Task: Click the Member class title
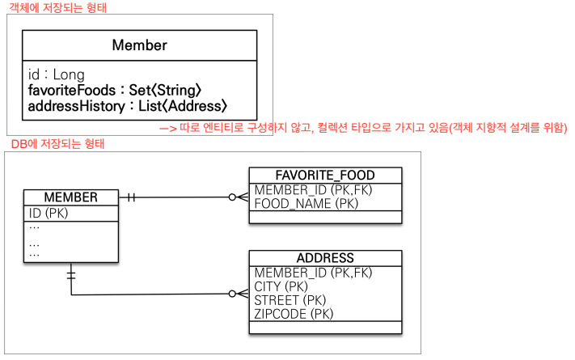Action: [x=139, y=45]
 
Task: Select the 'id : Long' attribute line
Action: [x=57, y=75]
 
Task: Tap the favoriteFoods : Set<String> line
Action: [x=114, y=91]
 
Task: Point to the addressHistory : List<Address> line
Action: [x=128, y=106]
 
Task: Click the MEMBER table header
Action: [x=71, y=197]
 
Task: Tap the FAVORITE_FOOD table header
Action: [x=324, y=175]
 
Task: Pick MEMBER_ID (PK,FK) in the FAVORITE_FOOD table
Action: [x=312, y=189]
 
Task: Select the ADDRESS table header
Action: [x=324, y=258]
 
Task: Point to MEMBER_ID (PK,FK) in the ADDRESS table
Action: [x=312, y=273]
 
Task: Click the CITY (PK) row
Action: [x=281, y=286]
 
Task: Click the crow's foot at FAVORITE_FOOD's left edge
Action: [x=239, y=197]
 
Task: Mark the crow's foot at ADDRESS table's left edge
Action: [x=239, y=294]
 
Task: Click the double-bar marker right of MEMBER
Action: [x=130, y=197]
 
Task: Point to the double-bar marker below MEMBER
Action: [x=71, y=275]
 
